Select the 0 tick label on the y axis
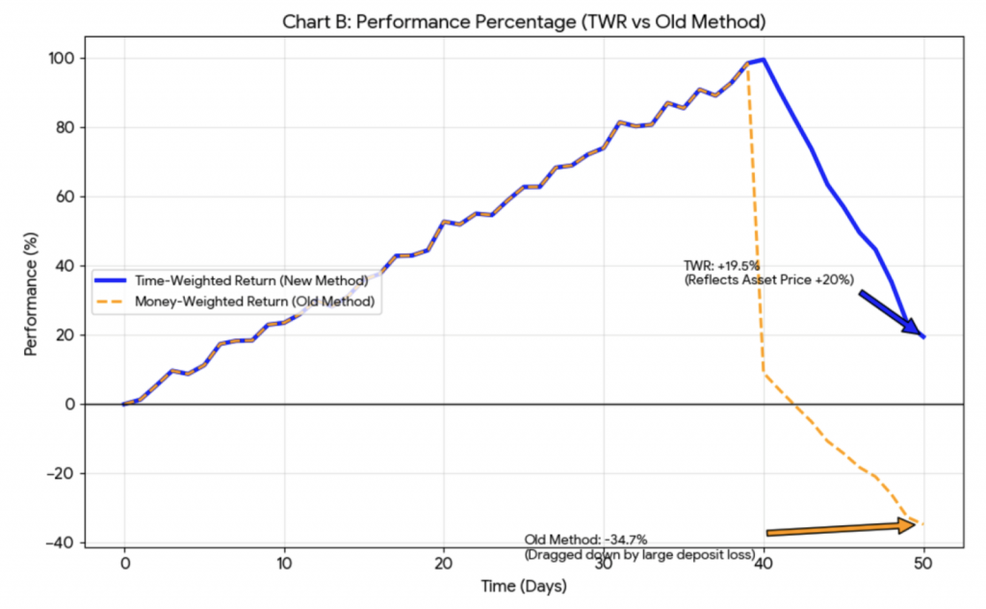tap(69, 405)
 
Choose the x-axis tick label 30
tap(604, 563)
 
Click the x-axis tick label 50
tap(923, 563)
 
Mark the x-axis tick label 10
tap(284, 563)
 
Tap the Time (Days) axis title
tap(524, 585)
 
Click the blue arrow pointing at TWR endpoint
tap(890, 312)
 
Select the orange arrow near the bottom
tap(841, 528)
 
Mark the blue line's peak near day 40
tap(764, 60)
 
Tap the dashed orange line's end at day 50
tap(923, 524)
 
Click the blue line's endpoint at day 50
tap(923, 336)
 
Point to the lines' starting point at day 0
tap(124, 404)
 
